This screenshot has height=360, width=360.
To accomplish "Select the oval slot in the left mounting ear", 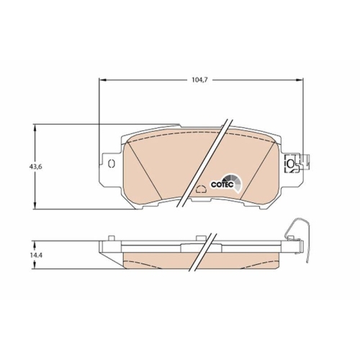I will point(110,165).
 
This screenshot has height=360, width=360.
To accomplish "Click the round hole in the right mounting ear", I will point(291,164).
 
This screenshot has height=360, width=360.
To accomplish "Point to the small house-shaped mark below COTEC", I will point(201,191).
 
